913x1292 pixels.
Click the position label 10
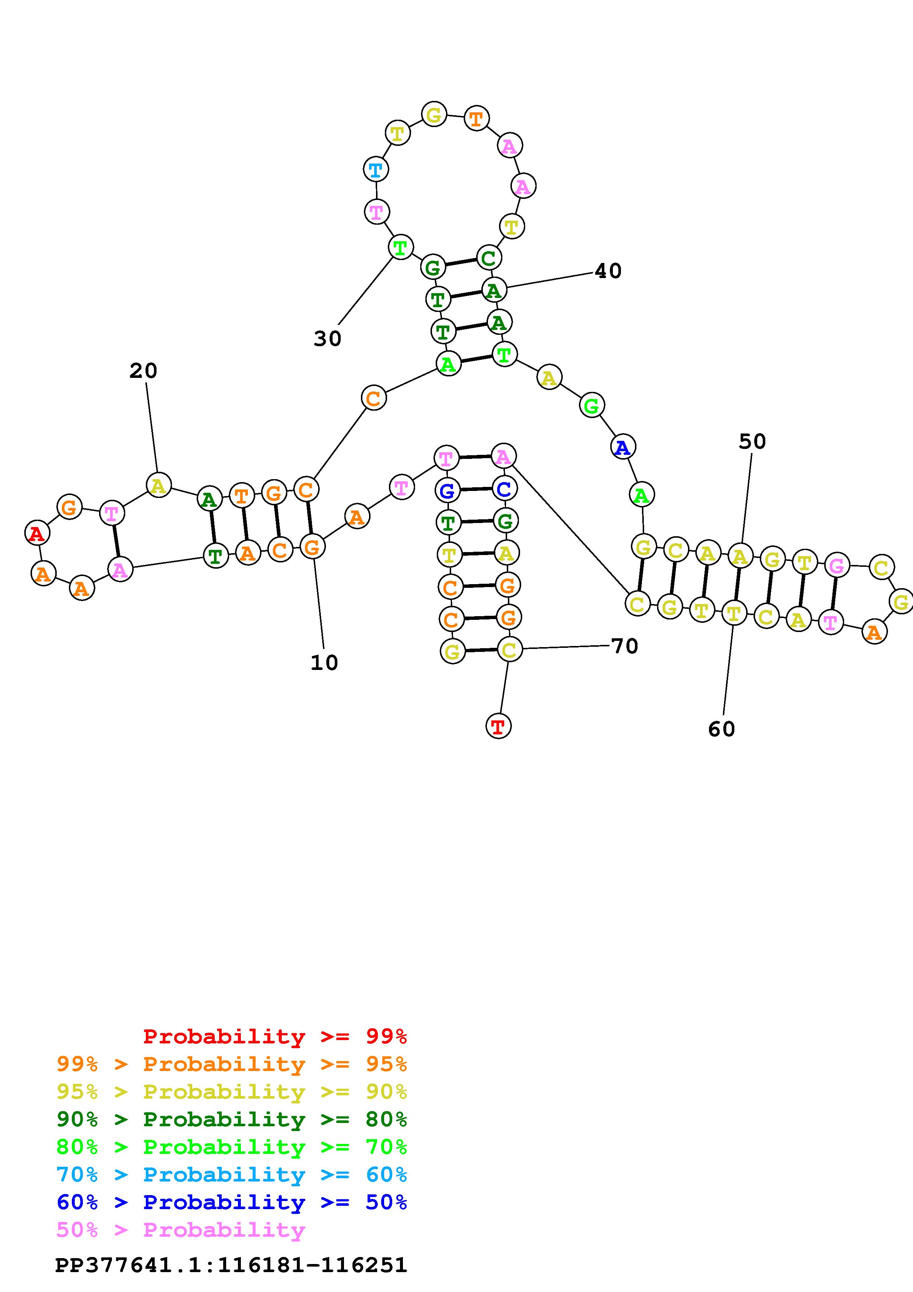point(324,663)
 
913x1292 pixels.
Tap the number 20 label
point(143,371)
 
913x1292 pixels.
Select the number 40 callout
point(608,271)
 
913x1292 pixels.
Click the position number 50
point(752,442)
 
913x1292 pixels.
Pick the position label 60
point(722,729)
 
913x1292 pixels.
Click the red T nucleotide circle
point(498,726)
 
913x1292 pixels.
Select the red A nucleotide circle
point(37,533)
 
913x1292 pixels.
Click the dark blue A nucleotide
point(623,447)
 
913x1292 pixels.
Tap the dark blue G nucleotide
point(447,491)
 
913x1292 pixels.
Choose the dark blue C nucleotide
point(504,488)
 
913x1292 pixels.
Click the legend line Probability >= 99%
point(275,1036)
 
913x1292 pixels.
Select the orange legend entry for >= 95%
point(232,1064)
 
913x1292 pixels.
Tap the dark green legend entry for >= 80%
point(232,1119)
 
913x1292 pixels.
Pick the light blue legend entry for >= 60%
point(232,1175)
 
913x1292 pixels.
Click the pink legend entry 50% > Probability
point(180,1229)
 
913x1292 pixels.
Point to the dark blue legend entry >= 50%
point(232,1202)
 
